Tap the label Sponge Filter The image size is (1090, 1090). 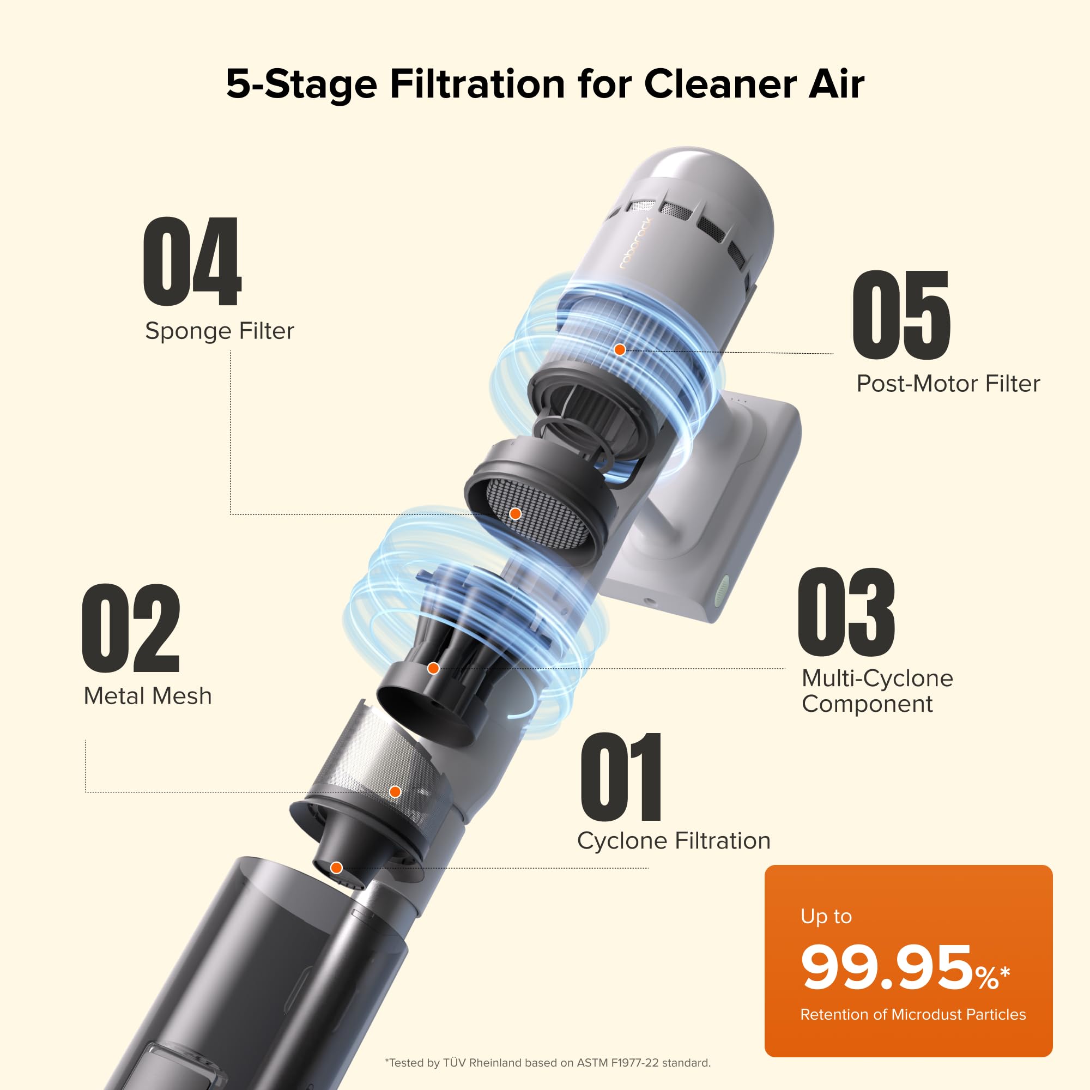coord(220,331)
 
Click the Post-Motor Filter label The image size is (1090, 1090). coord(948,384)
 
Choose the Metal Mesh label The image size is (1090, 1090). coord(147,696)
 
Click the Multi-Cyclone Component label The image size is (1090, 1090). coord(877,691)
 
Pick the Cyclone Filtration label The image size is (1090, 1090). coord(673,841)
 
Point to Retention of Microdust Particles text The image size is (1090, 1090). coord(912,1014)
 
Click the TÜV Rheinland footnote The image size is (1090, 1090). coord(547,1063)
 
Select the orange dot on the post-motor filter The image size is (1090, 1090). coord(620,350)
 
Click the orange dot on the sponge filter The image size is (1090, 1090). coord(515,514)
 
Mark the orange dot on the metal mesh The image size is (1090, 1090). coord(396,791)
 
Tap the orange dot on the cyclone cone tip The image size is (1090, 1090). coord(336,868)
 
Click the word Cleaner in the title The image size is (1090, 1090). coord(720,84)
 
